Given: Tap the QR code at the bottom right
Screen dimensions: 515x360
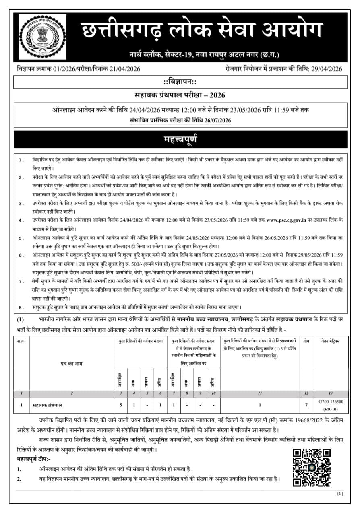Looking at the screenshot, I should click(x=311, y=467).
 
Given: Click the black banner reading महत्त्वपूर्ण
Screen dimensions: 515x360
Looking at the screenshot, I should click(x=180, y=140).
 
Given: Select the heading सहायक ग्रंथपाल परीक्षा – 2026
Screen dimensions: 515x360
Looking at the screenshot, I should click(x=180, y=95).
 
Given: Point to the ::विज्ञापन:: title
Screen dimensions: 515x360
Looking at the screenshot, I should click(x=180, y=82).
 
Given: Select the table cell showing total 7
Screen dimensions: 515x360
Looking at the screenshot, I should click(x=306, y=405).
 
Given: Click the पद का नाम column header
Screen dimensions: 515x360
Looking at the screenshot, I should click(x=71, y=363).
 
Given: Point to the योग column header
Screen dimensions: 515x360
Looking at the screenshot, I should click(x=306, y=341).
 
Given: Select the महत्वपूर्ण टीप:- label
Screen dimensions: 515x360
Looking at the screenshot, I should click(x=34, y=459).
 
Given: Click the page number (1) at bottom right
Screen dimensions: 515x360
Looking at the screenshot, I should click(x=339, y=493).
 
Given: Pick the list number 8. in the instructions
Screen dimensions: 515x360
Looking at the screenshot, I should click(x=21, y=307).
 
